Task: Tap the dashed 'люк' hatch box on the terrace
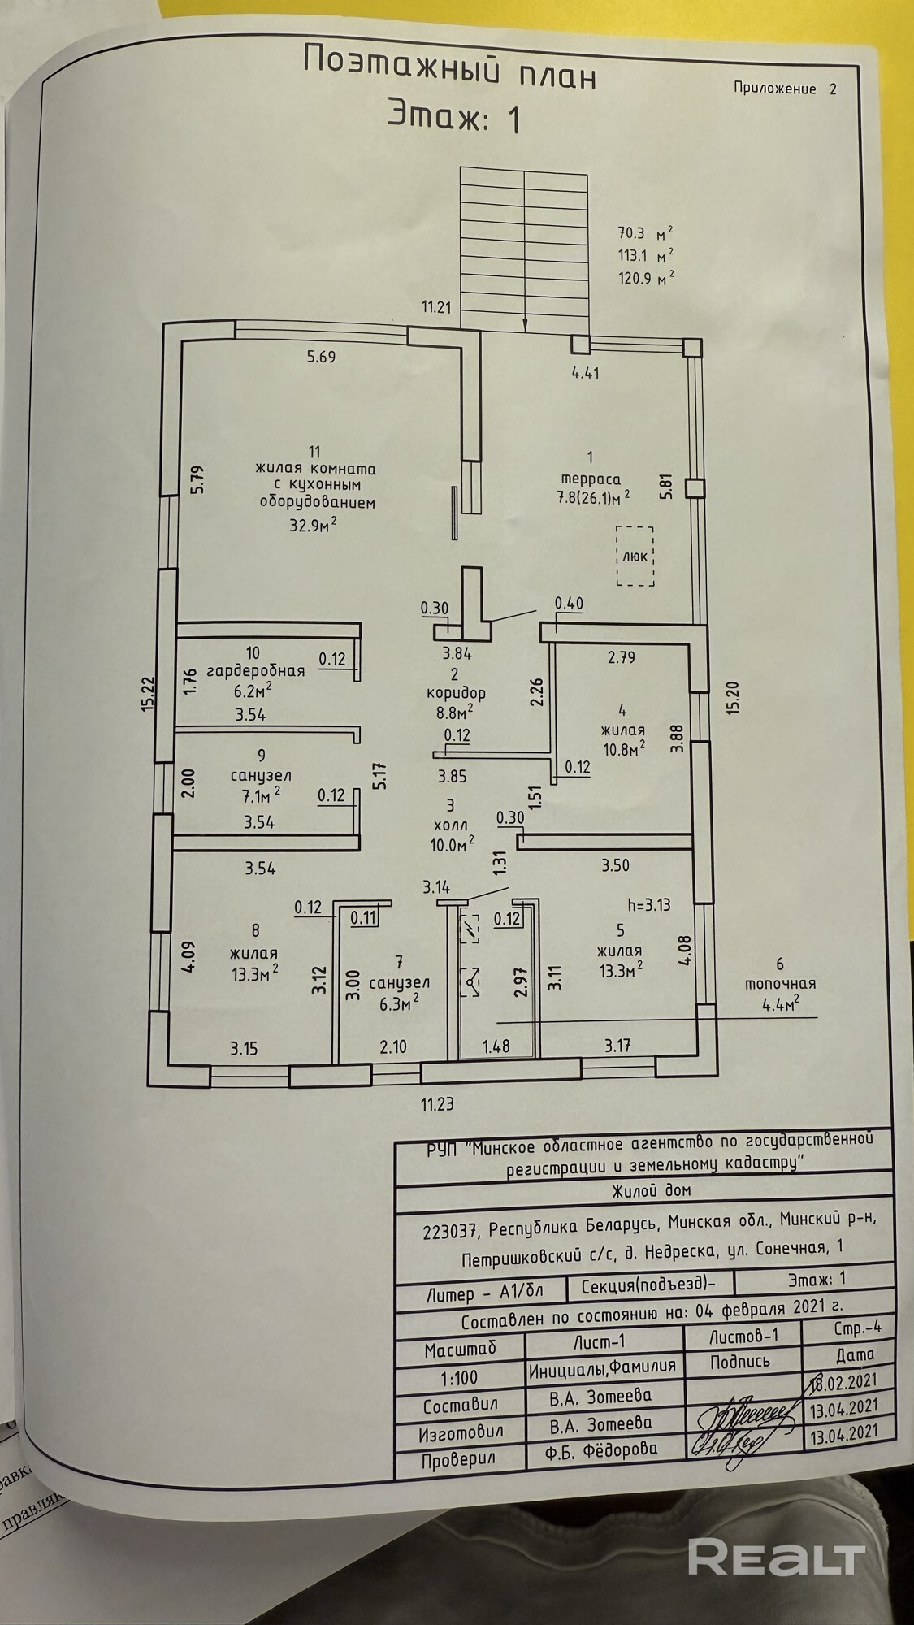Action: pos(635,556)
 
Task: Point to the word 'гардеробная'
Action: pos(255,670)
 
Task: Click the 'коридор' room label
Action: pos(454,693)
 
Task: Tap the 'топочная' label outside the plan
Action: pos(780,983)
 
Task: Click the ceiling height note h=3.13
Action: pos(649,904)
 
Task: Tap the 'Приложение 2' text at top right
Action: pos(784,89)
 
